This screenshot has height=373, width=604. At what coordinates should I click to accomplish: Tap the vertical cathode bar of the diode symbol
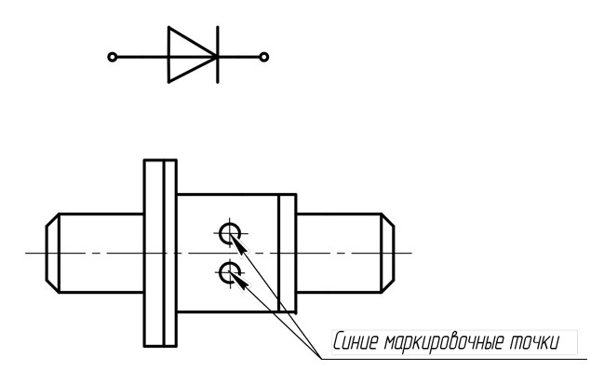[x=218, y=54]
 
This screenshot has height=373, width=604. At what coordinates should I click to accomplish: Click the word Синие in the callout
[x=356, y=341]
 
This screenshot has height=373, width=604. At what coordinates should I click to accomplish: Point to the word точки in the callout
[x=534, y=342]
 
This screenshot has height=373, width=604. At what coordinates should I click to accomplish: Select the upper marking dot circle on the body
[x=220, y=233]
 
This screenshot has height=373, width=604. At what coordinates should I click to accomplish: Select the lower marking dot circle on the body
[x=220, y=272]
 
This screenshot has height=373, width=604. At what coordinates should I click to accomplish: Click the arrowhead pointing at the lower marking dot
[x=239, y=282]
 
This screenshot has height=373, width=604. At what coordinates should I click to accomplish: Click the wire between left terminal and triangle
[x=142, y=57]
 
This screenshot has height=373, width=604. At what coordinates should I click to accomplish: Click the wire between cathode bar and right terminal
[x=239, y=57]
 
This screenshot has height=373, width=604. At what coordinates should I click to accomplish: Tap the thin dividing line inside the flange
[x=165, y=253]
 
